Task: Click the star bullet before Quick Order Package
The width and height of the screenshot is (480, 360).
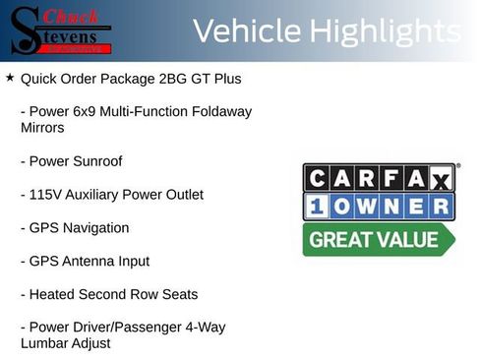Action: [10, 77]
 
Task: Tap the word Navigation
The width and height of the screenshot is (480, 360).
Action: [97, 228]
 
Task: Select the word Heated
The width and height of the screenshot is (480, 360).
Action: [53, 295]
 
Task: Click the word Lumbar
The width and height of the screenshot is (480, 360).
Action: [45, 343]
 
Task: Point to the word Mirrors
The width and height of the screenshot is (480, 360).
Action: [42, 128]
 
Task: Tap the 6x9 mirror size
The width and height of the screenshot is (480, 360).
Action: [88, 111]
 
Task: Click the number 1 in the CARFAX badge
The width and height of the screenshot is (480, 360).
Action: [317, 207]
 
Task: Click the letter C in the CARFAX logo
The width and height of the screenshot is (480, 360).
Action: [317, 178]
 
